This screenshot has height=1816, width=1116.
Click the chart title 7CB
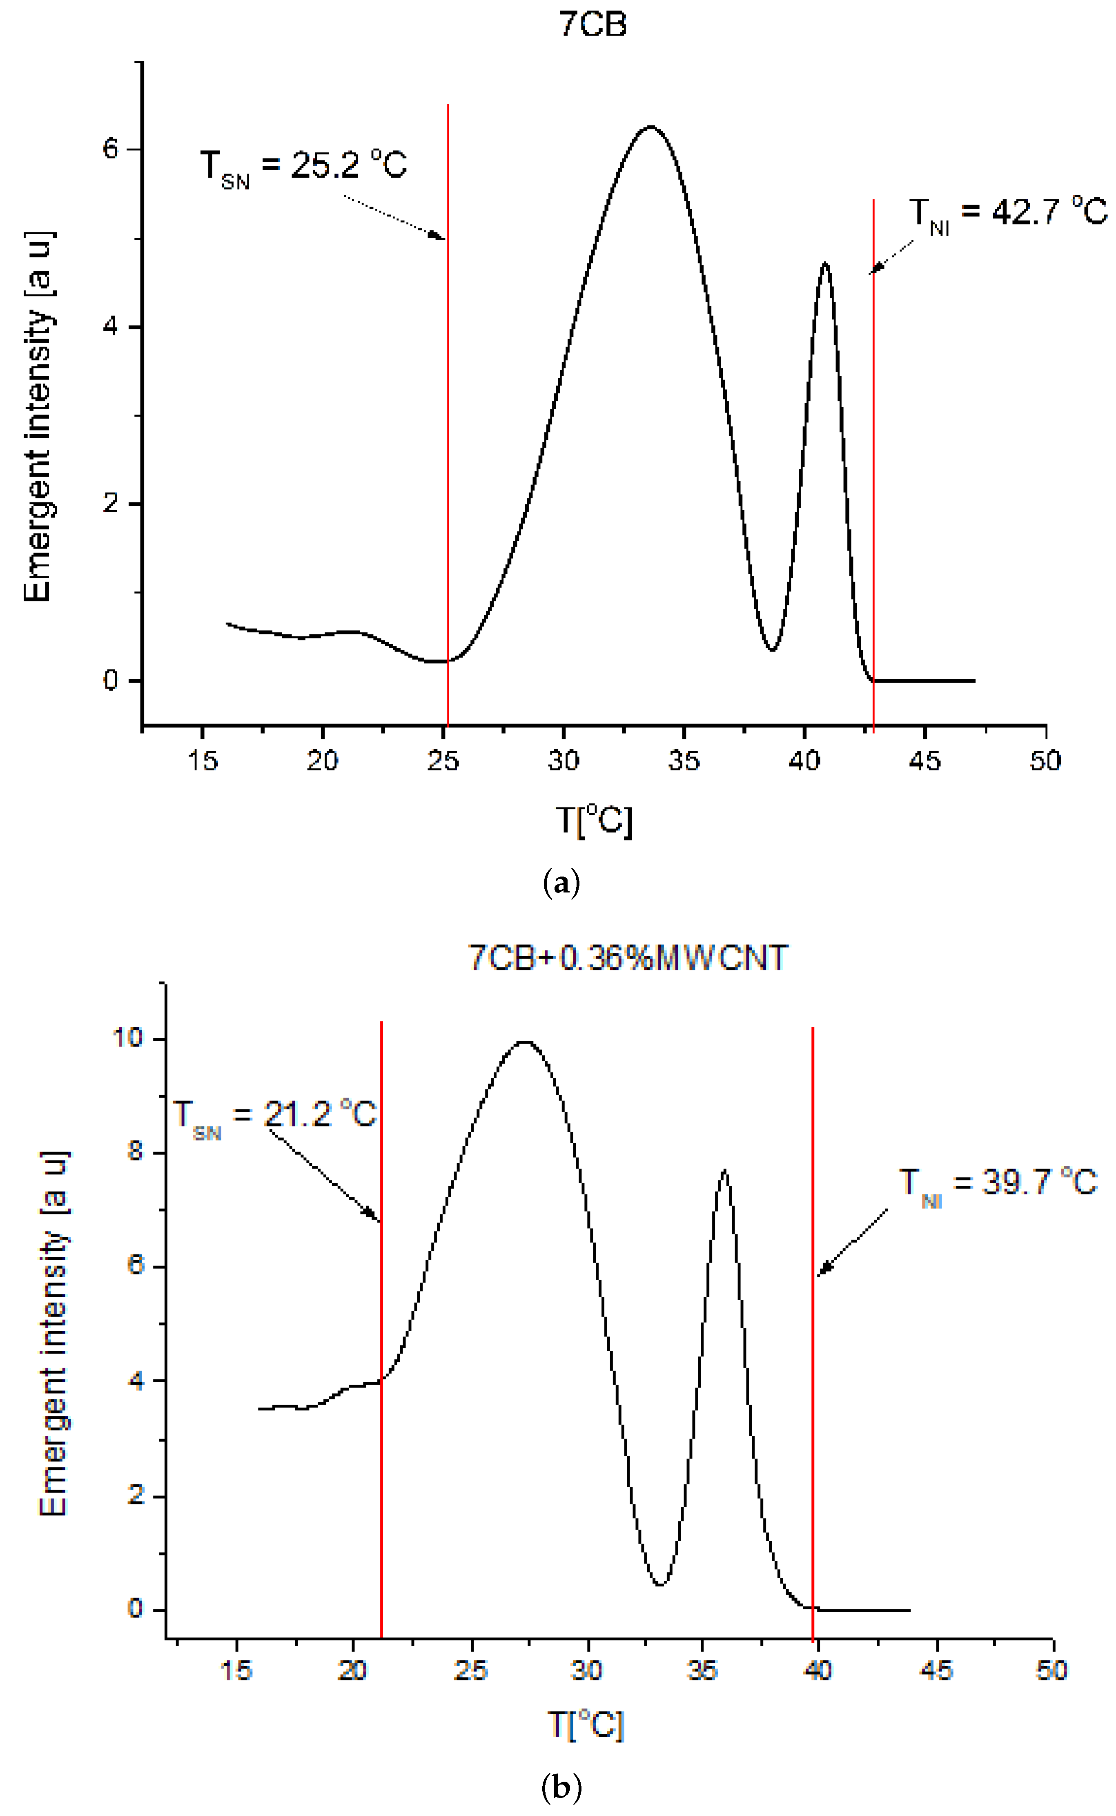point(593,25)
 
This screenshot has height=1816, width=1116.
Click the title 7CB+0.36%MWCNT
point(628,958)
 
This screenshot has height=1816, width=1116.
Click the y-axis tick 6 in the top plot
point(111,149)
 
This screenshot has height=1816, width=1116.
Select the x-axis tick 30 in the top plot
point(563,761)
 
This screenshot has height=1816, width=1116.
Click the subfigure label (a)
point(561,883)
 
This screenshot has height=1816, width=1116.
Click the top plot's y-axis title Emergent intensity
point(38,417)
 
